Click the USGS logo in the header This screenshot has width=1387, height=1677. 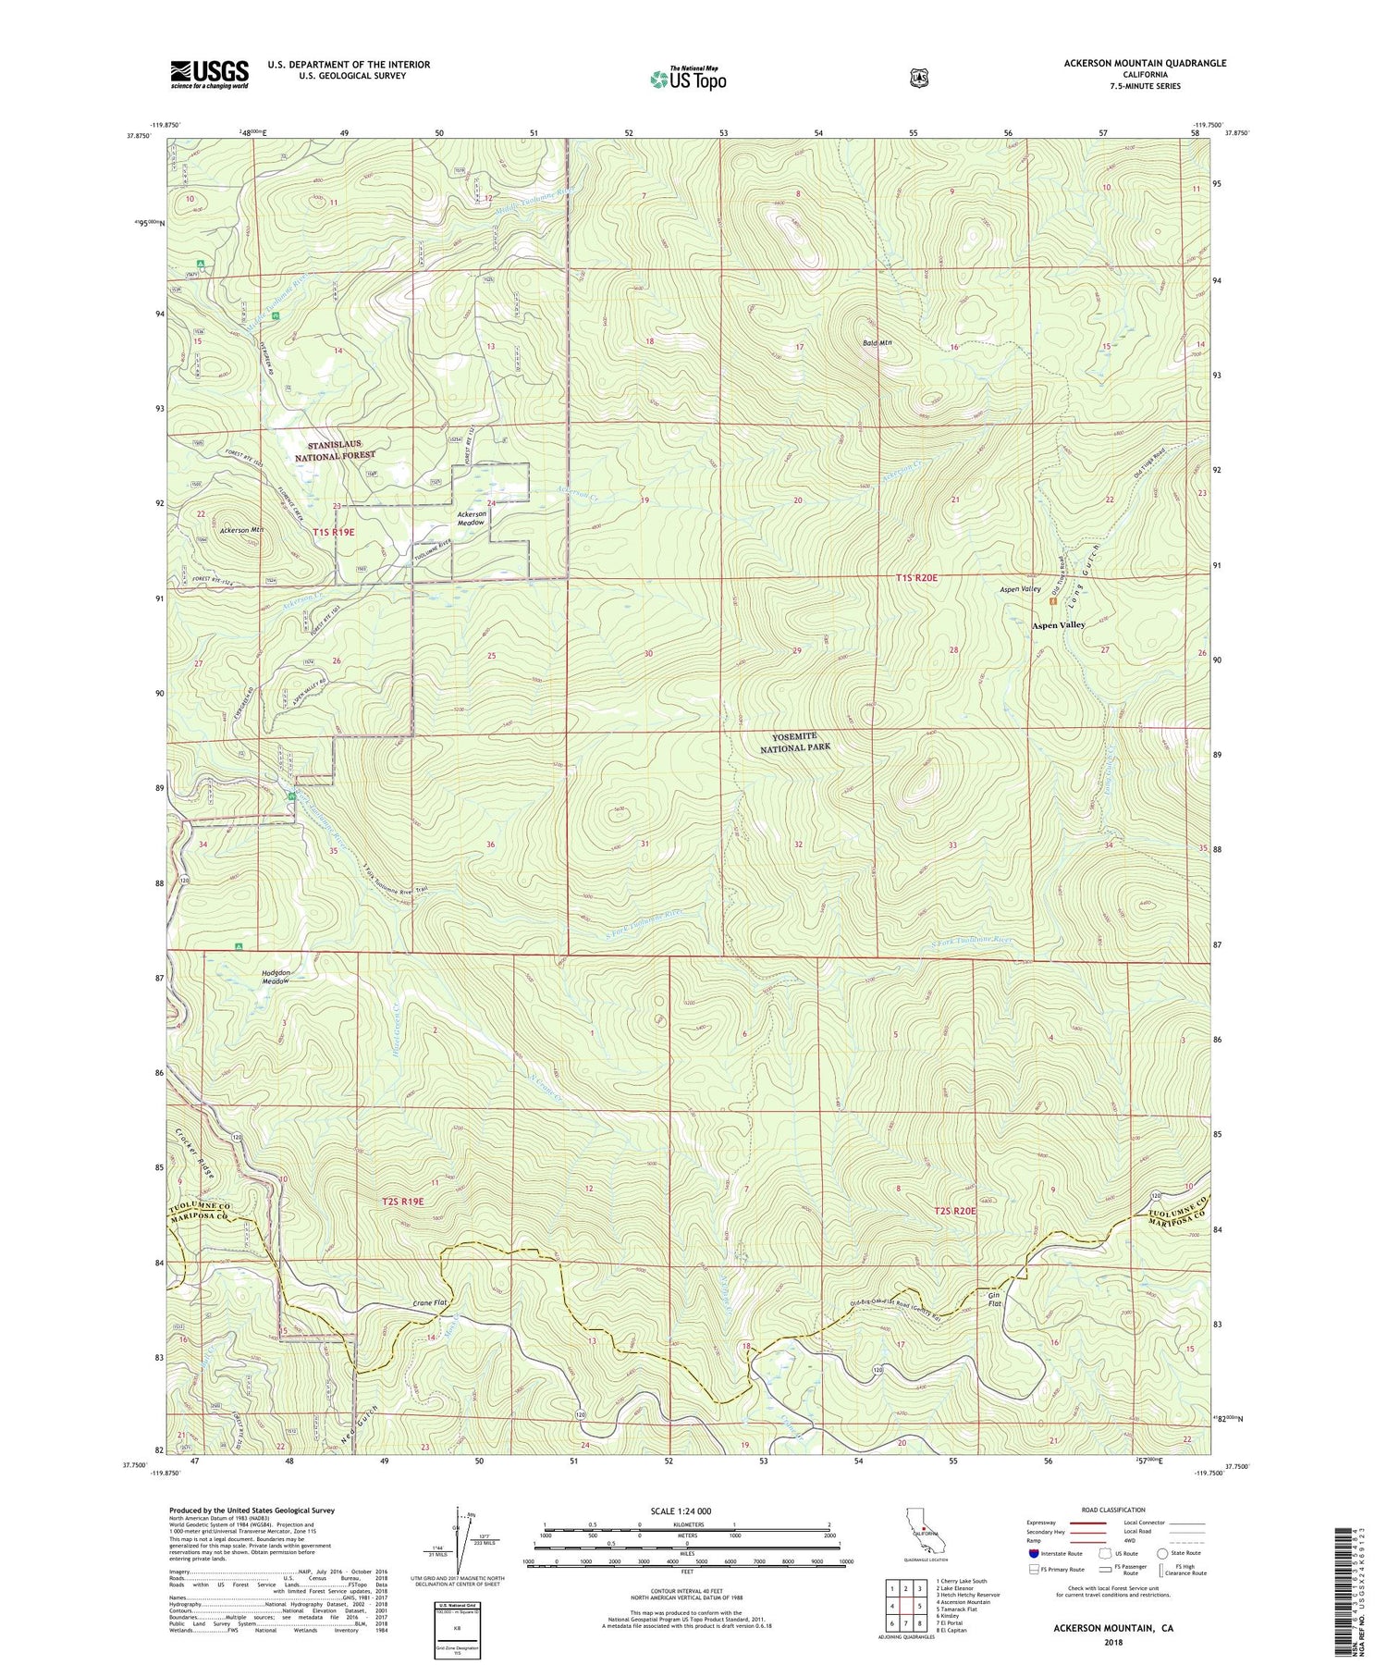209,74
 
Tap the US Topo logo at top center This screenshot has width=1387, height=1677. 688,79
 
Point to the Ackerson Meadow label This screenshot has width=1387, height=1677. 472,518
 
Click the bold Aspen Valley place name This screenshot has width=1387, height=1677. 1058,625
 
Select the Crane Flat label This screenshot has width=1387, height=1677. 431,1303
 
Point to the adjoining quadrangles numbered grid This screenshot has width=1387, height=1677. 906,1606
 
